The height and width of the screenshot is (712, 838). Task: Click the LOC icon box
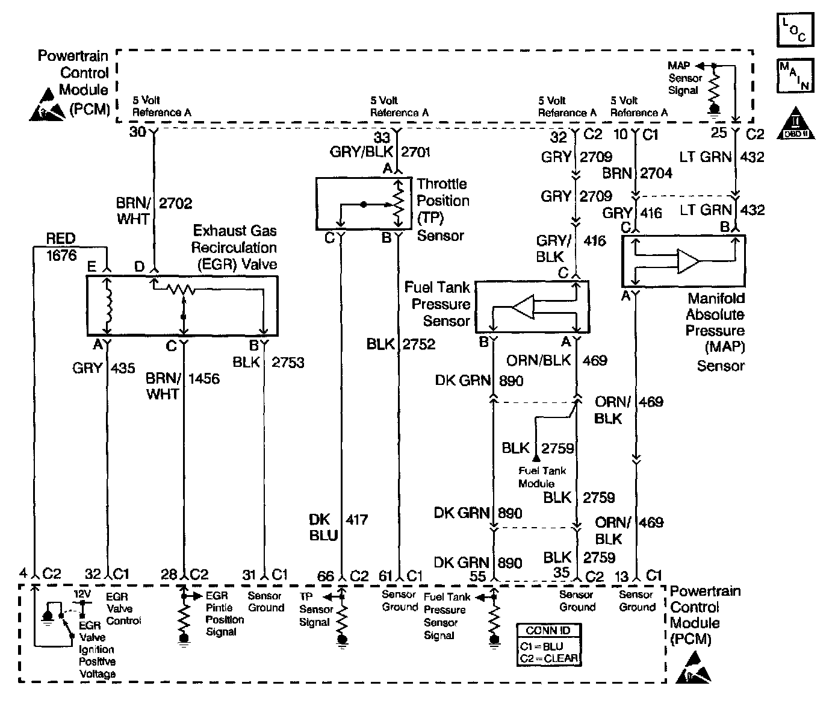point(795,30)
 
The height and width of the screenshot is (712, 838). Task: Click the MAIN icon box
point(795,75)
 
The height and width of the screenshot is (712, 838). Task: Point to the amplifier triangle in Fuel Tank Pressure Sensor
point(523,307)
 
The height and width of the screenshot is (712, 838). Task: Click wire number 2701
point(416,152)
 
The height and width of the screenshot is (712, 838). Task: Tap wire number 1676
point(62,255)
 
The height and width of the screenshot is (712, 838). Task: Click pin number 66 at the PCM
point(326,576)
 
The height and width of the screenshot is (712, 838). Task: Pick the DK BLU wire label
point(323,527)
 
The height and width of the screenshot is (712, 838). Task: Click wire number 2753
point(288,363)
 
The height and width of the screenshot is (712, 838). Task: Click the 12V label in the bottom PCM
point(82,594)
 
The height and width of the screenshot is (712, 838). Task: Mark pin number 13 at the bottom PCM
point(622,576)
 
